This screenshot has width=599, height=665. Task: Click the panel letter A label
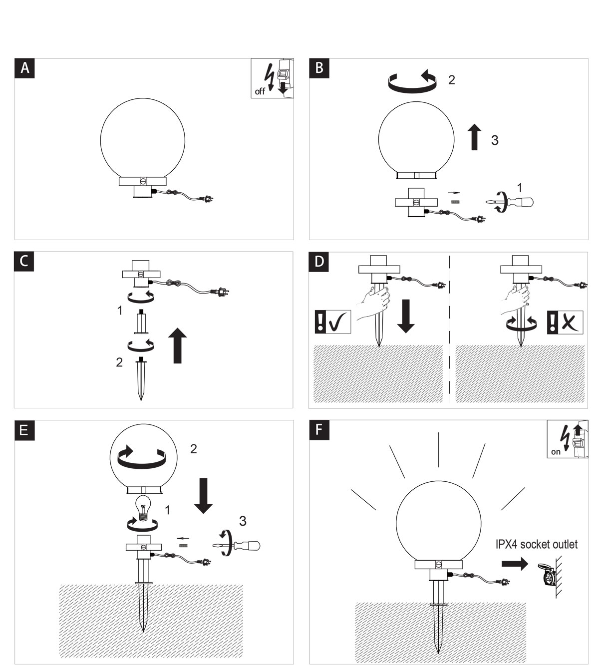coord(24,68)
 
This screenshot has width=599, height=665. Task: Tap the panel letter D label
coord(319,262)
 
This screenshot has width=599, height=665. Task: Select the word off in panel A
coord(260,91)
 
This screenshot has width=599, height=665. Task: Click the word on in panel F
coord(556,452)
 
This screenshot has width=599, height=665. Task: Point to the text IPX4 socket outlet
coord(536,544)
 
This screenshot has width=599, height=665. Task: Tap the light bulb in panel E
coord(143,509)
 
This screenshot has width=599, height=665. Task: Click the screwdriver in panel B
coord(510,202)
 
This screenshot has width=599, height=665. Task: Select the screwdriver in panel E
coord(236,545)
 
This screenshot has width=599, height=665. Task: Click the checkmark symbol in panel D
coord(338,322)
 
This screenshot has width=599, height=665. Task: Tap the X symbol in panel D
coord(570,322)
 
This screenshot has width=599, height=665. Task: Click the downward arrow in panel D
coord(406,316)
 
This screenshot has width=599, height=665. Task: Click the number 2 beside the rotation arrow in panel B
coord(451,80)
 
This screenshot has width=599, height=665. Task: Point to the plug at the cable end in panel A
coord(209,199)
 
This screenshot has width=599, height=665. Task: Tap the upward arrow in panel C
coord(177,345)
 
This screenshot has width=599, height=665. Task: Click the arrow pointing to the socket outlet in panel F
coord(515,564)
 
